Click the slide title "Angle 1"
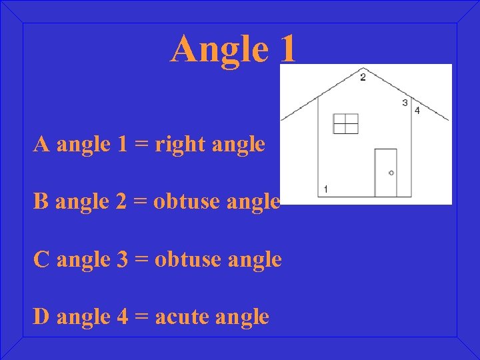(x=232, y=49)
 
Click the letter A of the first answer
(x=41, y=143)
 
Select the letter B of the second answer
(x=41, y=201)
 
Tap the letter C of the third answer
(x=41, y=259)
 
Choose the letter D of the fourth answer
(x=41, y=317)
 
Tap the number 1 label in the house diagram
(x=325, y=189)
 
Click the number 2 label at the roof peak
(x=363, y=77)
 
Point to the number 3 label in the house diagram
(x=405, y=103)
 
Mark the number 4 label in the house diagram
(x=417, y=111)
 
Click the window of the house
(x=345, y=123)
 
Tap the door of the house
(x=385, y=173)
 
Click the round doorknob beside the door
(x=391, y=173)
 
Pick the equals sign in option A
(x=141, y=144)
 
